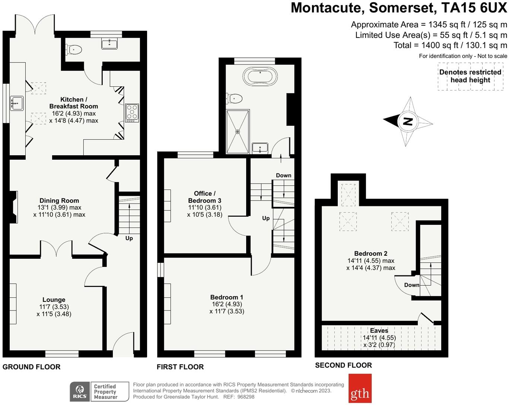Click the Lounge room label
(54, 300)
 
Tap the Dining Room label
(59, 201)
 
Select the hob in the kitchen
(132, 113)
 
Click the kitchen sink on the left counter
(17, 103)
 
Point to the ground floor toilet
(74, 50)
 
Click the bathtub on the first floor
(260, 76)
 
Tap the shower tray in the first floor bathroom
(238, 131)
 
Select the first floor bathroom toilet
(234, 98)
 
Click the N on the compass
(408, 121)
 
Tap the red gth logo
(360, 388)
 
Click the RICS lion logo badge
(80, 392)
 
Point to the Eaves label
(379, 331)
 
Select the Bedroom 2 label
(370, 254)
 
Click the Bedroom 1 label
(227, 297)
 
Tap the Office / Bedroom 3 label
(204, 197)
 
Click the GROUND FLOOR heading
(31, 367)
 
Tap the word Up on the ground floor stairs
(129, 238)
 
